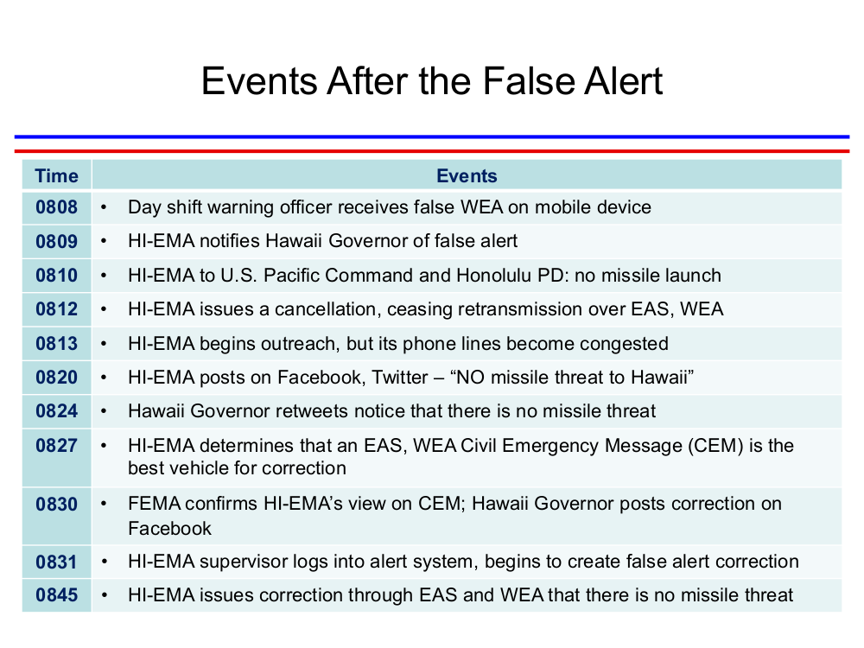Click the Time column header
pos(56,175)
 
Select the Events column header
pos(467,175)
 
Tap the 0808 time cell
pos(56,207)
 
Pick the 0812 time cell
pos(56,309)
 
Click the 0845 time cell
pos(56,595)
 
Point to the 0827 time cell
pos(56,445)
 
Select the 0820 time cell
pos(56,378)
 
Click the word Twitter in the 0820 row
pos(399,378)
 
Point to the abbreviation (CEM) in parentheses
pos(715,445)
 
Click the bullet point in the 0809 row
pos(103,241)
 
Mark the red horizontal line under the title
pos(432,150)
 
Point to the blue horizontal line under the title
pos(432,137)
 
